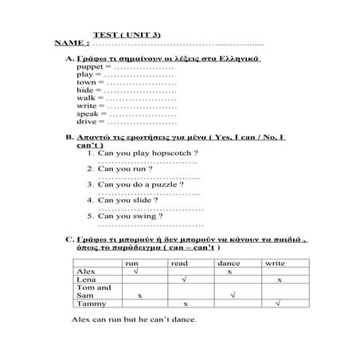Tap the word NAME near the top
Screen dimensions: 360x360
pyautogui.click(x=70, y=43)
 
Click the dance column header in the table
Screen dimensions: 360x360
pyautogui.click(x=229, y=263)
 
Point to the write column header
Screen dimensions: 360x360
pyautogui.click(x=275, y=263)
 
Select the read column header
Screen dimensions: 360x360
pyautogui.click(x=179, y=263)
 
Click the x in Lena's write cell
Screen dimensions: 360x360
pyautogui.click(x=279, y=280)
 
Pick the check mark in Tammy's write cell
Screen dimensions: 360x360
pyautogui.click(x=277, y=303)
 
